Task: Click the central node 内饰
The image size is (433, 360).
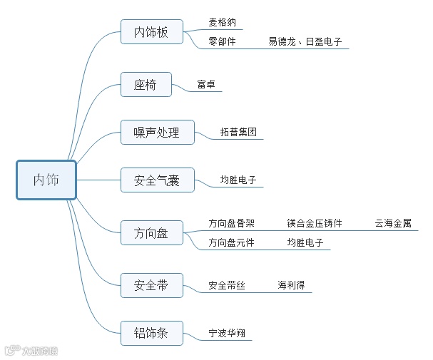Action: tap(46, 180)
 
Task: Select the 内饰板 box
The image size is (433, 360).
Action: tap(151, 33)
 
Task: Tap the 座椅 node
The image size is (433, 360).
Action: tap(146, 85)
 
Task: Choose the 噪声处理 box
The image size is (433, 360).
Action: tap(157, 133)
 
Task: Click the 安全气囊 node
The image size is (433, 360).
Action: tap(157, 180)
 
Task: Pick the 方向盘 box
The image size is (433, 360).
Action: tap(151, 233)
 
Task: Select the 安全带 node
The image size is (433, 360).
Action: tap(151, 285)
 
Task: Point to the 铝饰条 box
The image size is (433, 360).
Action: tap(151, 333)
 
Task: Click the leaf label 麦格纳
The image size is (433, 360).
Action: tap(222, 22)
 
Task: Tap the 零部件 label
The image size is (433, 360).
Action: tap(222, 42)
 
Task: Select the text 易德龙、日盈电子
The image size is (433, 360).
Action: tap(305, 42)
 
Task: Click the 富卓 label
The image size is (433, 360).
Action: tap(206, 85)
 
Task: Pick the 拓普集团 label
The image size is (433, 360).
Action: tap(238, 133)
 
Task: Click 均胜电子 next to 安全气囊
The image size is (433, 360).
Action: tap(238, 180)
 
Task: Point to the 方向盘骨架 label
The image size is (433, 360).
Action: tap(231, 223)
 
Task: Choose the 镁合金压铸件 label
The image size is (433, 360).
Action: tap(315, 223)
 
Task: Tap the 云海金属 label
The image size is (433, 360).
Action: tap(393, 223)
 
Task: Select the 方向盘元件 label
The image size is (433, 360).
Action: tap(231, 242)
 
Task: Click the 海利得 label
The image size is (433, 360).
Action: tap(291, 285)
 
